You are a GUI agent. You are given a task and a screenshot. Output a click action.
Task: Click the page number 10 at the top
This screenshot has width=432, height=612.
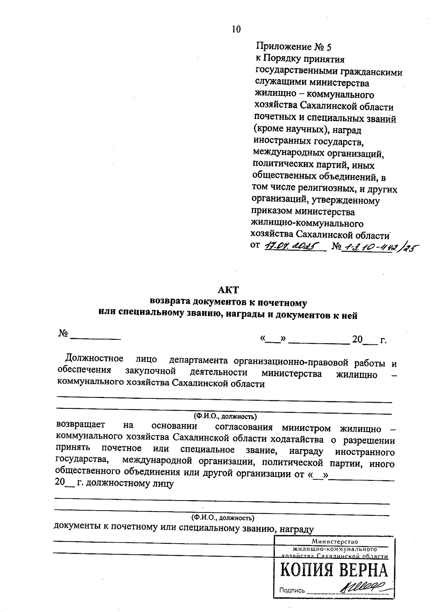click(236, 29)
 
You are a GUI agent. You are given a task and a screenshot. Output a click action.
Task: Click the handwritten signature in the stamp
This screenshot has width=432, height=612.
click(362, 589)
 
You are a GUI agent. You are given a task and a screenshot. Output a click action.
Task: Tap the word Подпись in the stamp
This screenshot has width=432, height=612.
click(292, 590)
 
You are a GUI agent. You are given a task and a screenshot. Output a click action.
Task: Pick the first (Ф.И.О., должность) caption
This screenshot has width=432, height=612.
click(225, 416)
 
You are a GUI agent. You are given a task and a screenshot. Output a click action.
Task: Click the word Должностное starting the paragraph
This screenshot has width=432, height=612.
click(94, 358)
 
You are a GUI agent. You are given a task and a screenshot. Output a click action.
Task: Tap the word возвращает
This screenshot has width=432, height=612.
click(81, 425)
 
